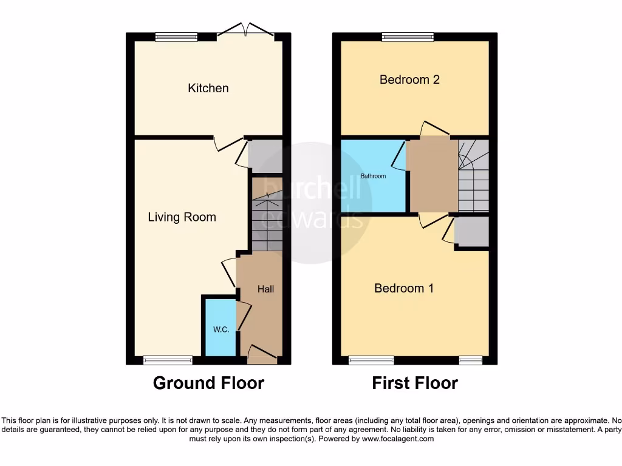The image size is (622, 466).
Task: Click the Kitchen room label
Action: click(x=208, y=88)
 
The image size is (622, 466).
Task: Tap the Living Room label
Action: click(x=182, y=217)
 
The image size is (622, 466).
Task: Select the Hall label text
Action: click(x=265, y=289)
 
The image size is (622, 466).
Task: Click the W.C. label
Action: click(x=220, y=329)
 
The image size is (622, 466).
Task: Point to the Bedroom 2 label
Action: click(x=409, y=79)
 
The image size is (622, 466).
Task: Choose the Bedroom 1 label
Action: click(x=404, y=288)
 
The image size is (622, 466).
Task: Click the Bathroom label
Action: click(x=373, y=177)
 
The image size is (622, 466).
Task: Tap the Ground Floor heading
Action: click(x=208, y=383)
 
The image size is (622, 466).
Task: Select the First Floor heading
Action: click(x=415, y=383)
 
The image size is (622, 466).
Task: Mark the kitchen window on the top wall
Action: click(x=176, y=37)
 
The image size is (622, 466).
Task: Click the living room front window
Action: click(x=168, y=360)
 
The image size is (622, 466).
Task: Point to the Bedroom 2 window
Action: click(x=408, y=37)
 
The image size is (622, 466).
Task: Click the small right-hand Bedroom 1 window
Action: click(x=471, y=360)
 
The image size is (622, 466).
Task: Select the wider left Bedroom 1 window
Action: click(x=371, y=360)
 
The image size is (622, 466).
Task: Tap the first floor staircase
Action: click(x=474, y=176)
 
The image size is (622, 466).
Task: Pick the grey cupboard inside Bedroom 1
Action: click(x=472, y=232)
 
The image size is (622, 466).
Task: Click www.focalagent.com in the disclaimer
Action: click(x=397, y=439)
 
